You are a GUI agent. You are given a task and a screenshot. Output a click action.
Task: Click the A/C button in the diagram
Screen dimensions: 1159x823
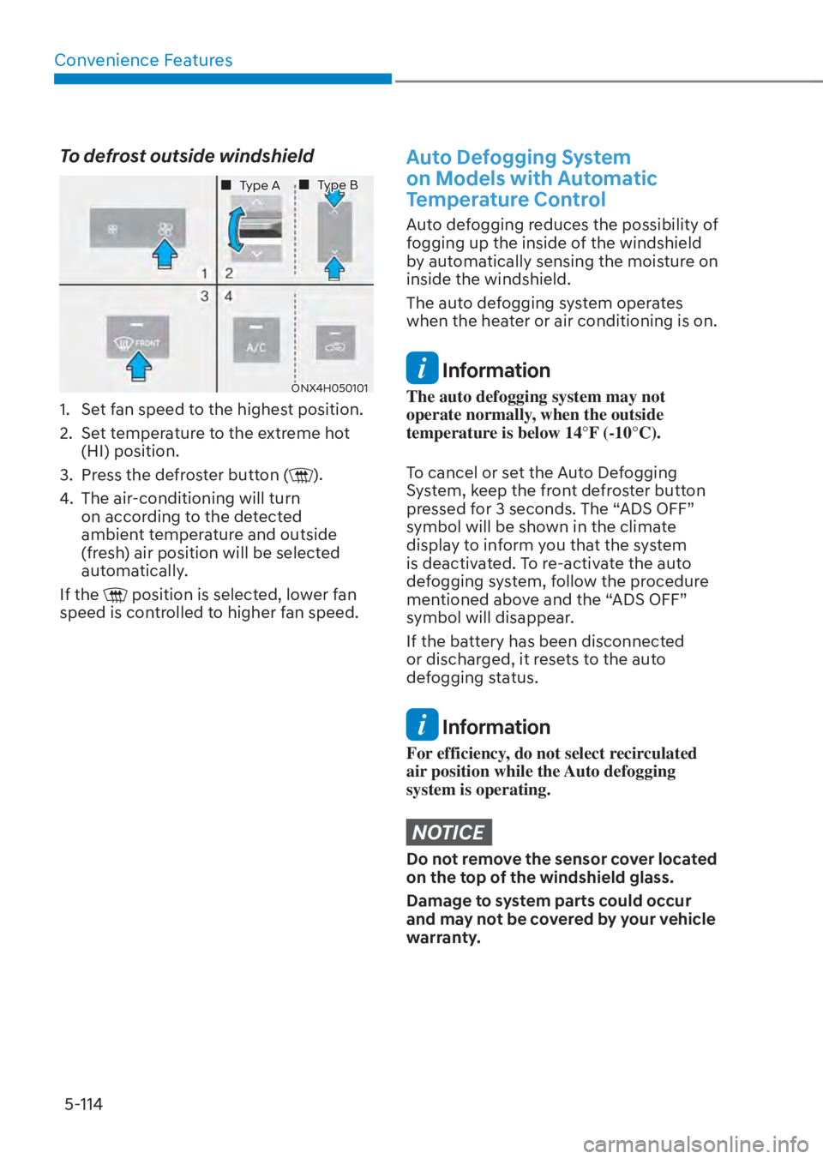point(256,340)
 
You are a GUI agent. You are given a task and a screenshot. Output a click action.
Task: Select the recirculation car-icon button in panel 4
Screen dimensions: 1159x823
point(335,342)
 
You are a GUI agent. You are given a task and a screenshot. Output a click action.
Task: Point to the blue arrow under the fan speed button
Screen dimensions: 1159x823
point(165,255)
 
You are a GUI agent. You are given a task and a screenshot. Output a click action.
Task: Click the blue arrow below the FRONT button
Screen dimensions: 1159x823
point(138,367)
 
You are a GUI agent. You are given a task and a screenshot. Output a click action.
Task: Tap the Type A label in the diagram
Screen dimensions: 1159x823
point(259,185)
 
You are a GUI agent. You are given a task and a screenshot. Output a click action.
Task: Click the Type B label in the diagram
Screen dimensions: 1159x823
point(337,185)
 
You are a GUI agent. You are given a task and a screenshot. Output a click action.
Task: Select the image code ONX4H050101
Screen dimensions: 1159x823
point(329,387)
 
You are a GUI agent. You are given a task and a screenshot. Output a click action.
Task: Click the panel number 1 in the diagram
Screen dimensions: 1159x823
point(204,273)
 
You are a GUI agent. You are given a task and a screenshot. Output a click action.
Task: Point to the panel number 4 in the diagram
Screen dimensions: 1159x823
point(229,296)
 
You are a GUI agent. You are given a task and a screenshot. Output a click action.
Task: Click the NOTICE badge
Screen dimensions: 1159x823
point(448,832)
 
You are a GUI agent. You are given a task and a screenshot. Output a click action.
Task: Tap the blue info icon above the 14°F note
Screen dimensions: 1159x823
point(422,369)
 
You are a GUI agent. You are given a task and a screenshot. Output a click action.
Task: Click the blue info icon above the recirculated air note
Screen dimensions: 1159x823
point(422,725)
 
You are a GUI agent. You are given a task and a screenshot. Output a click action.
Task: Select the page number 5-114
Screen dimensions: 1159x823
point(83,1104)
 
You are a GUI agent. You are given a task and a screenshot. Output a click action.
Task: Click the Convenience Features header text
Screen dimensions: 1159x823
point(143,60)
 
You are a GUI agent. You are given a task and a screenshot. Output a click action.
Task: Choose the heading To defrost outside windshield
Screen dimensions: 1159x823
point(186,156)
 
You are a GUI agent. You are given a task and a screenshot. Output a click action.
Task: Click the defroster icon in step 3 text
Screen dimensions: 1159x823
point(302,475)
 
